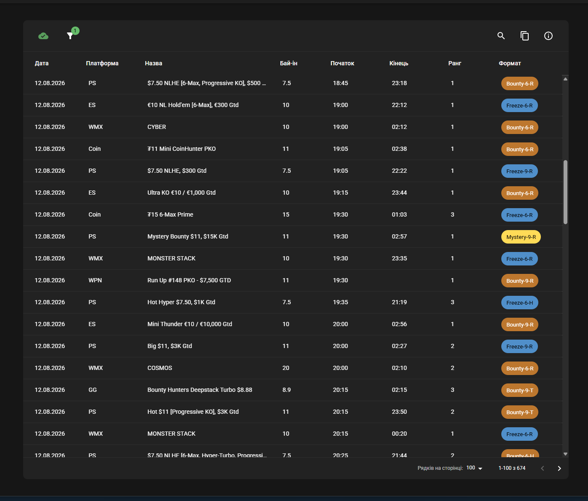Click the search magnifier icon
pyautogui.click(x=501, y=36)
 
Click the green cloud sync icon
pyautogui.click(x=43, y=36)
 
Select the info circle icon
pyautogui.click(x=548, y=36)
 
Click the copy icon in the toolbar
pyautogui.click(x=524, y=36)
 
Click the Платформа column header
pyautogui.click(x=102, y=63)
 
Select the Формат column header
pyautogui.click(x=509, y=63)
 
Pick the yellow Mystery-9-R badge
pyautogui.click(x=521, y=237)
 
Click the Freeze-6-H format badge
pyautogui.click(x=519, y=303)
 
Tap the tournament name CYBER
pyautogui.click(x=157, y=127)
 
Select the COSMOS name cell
pyautogui.click(x=160, y=368)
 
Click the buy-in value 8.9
pyautogui.click(x=287, y=390)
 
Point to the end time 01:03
pyautogui.click(x=399, y=214)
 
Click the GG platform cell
pyautogui.click(x=93, y=390)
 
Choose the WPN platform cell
pyautogui.click(x=95, y=280)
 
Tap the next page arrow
pyautogui.click(x=559, y=468)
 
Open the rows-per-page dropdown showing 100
pyautogui.click(x=474, y=468)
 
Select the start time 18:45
pyautogui.click(x=340, y=83)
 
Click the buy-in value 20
pyautogui.click(x=286, y=368)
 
